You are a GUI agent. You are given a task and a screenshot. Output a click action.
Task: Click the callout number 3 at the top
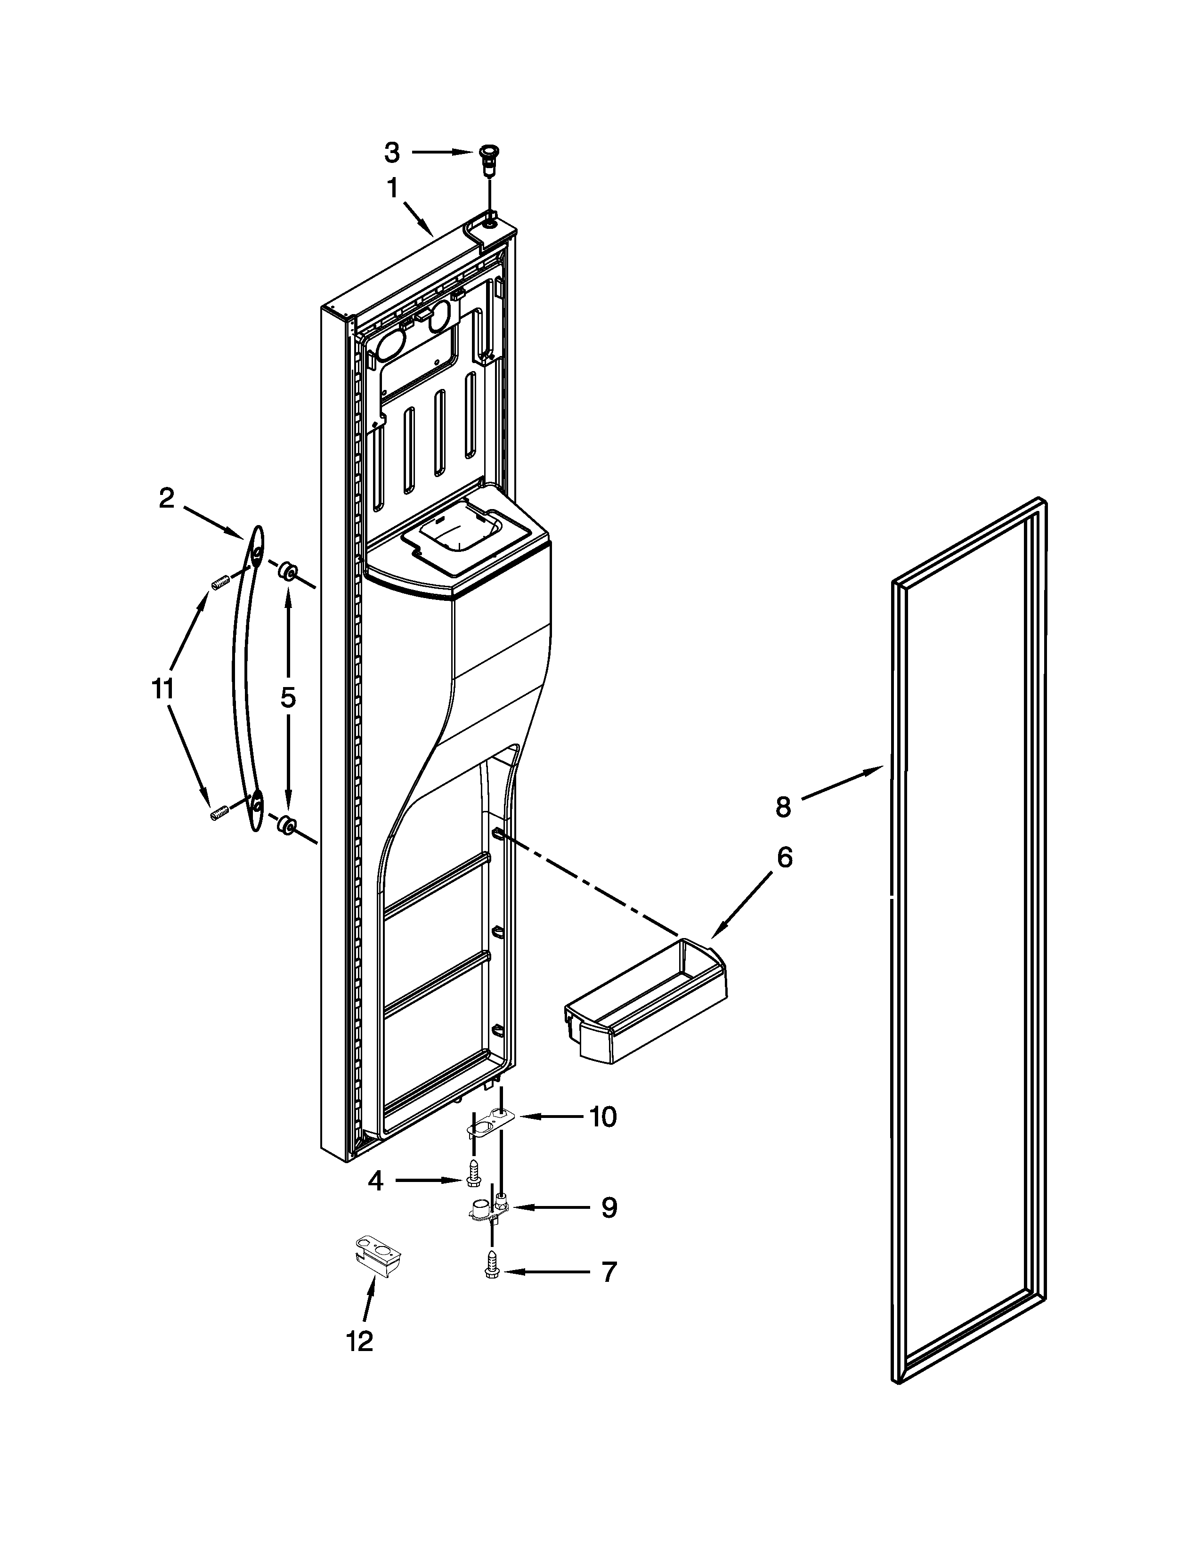pos(392,152)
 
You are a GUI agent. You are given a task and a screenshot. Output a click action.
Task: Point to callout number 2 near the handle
pos(166,499)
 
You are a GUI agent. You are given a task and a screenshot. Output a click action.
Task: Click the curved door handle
pos(245,680)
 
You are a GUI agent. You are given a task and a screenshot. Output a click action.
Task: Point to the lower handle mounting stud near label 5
pos(287,826)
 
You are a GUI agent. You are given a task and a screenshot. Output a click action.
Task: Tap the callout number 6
pos(784,858)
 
